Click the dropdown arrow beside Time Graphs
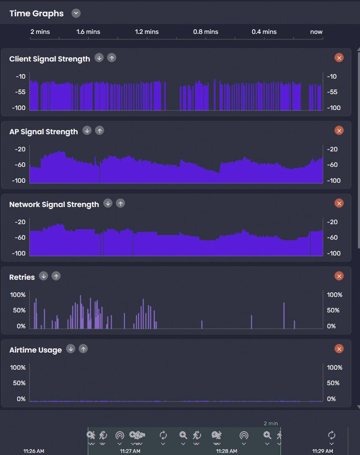coord(76,13)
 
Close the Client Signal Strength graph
coord(339,58)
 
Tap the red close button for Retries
coord(339,276)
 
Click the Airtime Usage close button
coord(339,349)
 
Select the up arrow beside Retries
coord(56,276)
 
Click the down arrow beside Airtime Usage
coord(71,349)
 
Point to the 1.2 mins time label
coord(147,32)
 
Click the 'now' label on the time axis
coord(316,32)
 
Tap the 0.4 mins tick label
coord(264,32)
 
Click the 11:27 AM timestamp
coord(130,451)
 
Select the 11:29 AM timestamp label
coord(322,451)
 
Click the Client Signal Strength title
coord(49,59)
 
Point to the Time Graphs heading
coord(36,13)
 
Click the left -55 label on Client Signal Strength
coord(20,92)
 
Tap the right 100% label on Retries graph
coord(334,295)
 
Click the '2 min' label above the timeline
coord(271,423)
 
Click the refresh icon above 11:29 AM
coord(332,435)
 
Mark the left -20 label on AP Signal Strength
coord(20,149)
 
